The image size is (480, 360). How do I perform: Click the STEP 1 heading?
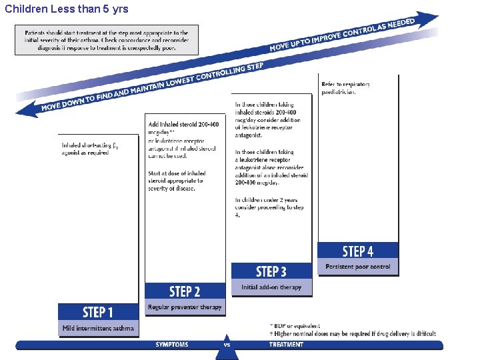pyautogui.click(x=98, y=312)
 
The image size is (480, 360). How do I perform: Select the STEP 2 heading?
pyautogui.click(x=185, y=291)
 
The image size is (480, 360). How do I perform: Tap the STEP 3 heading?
pyautogui.click(x=271, y=271)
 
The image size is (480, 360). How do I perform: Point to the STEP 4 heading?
pyautogui.click(x=358, y=251)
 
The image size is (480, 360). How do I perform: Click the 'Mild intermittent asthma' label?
pyautogui.click(x=98, y=328)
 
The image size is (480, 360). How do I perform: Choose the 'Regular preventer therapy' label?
pyautogui.click(x=185, y=307)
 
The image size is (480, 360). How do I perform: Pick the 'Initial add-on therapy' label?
pyautogui.click(x=271, y=287)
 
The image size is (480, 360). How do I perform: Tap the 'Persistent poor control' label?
pyautogui.click(x=358, y=267)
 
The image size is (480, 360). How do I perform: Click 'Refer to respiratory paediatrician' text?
pyautogui.click(x=346, y=88)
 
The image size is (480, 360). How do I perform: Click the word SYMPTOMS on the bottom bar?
pyautogui.click(x=172, y=345)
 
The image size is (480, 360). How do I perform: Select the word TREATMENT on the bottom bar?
pyautogui.click(x=286, y=345)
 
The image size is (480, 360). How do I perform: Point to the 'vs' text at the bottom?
pyautogui.click(x=227, y=345)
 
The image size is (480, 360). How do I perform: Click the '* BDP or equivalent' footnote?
pyautogui.click(x=291, y=326)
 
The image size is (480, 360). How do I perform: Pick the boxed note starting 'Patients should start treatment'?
pyautogui.click(x=107, y=41)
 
